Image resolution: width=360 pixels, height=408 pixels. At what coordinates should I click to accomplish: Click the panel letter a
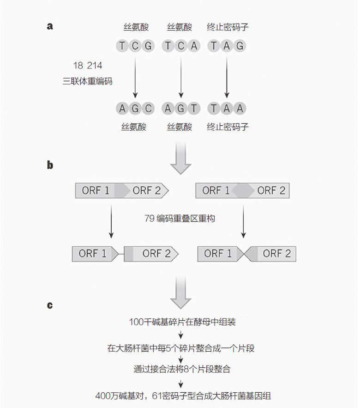coord(50,26)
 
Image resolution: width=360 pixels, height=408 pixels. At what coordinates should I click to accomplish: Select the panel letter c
coord(50,305)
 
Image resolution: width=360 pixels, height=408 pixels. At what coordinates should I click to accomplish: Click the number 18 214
coord(88,65)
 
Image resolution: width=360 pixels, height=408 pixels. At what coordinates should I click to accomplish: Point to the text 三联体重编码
coord(88,81)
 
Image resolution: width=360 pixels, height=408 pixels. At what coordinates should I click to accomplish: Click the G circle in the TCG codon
coord(148,46)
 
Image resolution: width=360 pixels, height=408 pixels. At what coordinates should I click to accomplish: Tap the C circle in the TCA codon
coord(181,46)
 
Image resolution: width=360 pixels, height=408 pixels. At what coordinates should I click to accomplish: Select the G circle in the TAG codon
coord(240,46)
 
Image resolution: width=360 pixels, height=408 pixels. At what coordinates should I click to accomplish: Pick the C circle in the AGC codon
coord(148,108)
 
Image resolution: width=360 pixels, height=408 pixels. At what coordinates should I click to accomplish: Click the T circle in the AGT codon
coord(194,108)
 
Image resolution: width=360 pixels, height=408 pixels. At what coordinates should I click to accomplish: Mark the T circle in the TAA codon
coord(214,108)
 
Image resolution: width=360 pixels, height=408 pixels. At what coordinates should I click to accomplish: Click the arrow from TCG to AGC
coord(135,78)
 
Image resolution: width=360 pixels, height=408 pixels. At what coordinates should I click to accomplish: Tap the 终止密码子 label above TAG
coord(228,27)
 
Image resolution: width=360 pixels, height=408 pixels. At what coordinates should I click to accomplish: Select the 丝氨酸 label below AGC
coord(134,127)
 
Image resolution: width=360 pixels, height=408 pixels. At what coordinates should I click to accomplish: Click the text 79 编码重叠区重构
coord(180,218)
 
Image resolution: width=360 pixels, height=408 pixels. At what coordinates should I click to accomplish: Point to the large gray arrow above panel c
coord(181,293)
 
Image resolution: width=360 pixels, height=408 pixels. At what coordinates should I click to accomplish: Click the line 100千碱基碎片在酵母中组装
coord(182,322)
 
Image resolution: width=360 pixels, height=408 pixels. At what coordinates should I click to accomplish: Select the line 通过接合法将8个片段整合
coord(182,369)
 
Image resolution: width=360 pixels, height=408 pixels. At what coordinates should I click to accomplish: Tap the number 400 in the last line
coord(103,396)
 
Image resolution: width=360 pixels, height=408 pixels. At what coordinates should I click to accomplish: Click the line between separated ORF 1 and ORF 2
coord(121,254)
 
